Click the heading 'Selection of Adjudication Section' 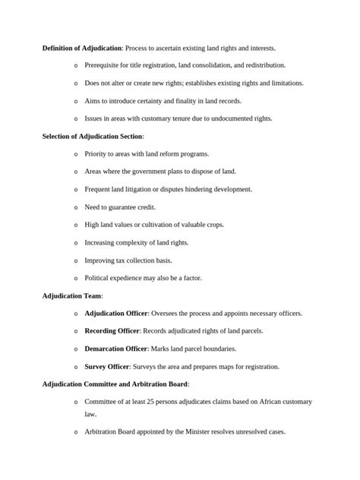[92, 136]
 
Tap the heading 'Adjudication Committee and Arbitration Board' [115, 384]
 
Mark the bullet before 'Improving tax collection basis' [76, 261]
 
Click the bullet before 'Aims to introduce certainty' [76, 101]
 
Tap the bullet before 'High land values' [76, 225]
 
